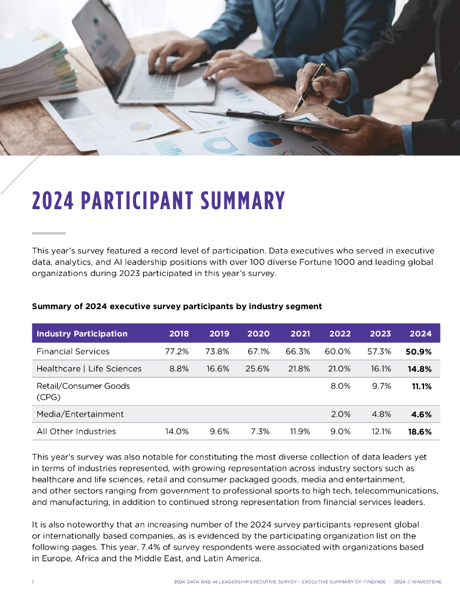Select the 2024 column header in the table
pyautogui.click(x=420, y=334)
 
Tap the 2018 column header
pyautogui.click(x=179, y=334)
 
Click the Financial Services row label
pyautogui.click(x=73, y=352)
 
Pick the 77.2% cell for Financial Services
pyautogui.click(x=177, y=352)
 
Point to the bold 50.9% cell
pyautogui.click(x=419, y=352)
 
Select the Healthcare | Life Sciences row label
pyautogui.click(x=88, y=368)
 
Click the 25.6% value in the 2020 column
pyautogui.click(x=258, y=368)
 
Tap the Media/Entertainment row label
pyautogui.click(x=80, y=414)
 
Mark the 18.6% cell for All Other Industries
pyautogui.click(x=419, y=431)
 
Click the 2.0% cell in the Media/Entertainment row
pyautogui.click(x=340, y=414)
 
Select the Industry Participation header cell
pyautogui.click(x=81, y=334)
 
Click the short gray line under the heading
pyautogui.click(x=48, y=233)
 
